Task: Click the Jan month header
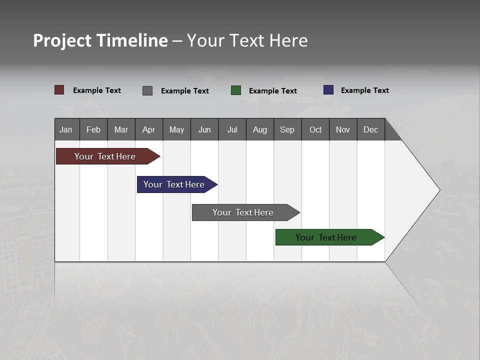click(x=66, y=129)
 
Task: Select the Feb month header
click(x=93, y=129)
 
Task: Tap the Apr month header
click(x=149, y=129)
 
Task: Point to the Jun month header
click(x=204, y=129)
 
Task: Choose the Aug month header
click(x=260, y=129)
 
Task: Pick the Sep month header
click(x=287, y=129)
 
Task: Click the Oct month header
click(x=315, y=129)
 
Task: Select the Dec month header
click(x=371, y=129)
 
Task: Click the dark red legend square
click(x=59, y=90)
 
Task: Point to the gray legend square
click(x=147, y=90)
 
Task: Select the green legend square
click(x=236, y=90)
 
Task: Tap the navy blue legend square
click(x=328, y=90)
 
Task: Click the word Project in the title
click(x=62, y=40)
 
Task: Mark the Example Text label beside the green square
click(x=273, y=91)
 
